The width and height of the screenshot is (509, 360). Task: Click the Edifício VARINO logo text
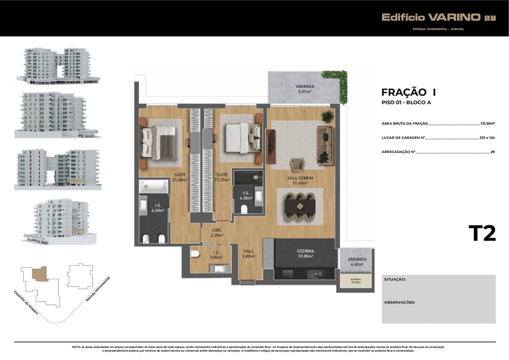point(431,17)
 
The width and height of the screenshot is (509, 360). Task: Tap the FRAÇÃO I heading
point(409,93)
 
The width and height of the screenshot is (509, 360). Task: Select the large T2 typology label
point(482,233)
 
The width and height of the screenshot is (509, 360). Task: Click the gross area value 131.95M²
point(488,123)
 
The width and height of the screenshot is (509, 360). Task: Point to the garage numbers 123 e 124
point(487,138)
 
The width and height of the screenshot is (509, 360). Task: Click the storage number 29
point(492,152)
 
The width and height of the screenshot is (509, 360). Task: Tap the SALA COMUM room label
point(300,178)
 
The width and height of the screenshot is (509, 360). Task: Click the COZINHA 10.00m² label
point(305,253)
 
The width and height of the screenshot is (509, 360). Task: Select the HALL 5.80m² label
point(249,253)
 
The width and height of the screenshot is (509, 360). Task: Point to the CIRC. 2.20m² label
point(217,233)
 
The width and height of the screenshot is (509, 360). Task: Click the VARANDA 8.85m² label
point(305,89)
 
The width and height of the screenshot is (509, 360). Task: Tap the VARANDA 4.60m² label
point(357,262)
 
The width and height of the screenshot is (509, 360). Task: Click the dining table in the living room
point(300,207)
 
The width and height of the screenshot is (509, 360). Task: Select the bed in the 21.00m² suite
point(158,143)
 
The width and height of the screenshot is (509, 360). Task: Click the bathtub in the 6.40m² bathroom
point(153,186)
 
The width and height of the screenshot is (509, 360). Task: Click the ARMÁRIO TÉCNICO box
point(356,281)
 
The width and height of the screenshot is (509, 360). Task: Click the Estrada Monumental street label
point(98,289)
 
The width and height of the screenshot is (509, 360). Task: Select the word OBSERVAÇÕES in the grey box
point(399,303)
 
